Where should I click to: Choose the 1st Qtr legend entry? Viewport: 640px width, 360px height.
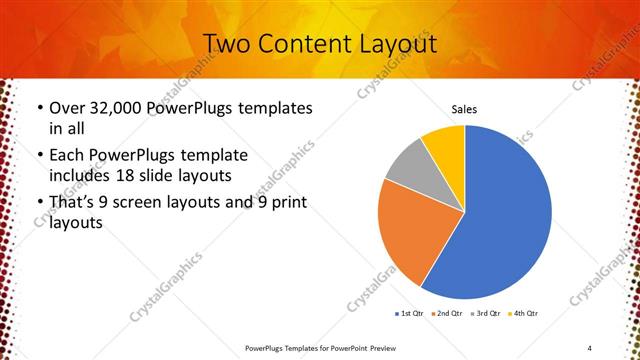pos(410,314)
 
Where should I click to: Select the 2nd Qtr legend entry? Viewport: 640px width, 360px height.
pos(447,314)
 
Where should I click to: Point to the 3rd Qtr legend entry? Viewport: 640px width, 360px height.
pos(485,314)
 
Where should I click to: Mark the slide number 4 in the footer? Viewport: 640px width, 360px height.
pos(590,346)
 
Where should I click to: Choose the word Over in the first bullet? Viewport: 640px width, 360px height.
pos(66,108)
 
